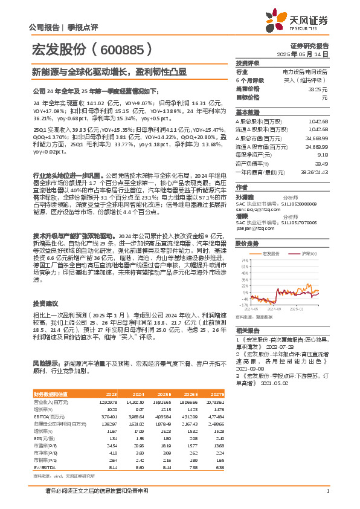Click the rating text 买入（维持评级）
[309, 80]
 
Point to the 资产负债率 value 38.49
[323, 163]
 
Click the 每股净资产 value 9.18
[324, 155]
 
